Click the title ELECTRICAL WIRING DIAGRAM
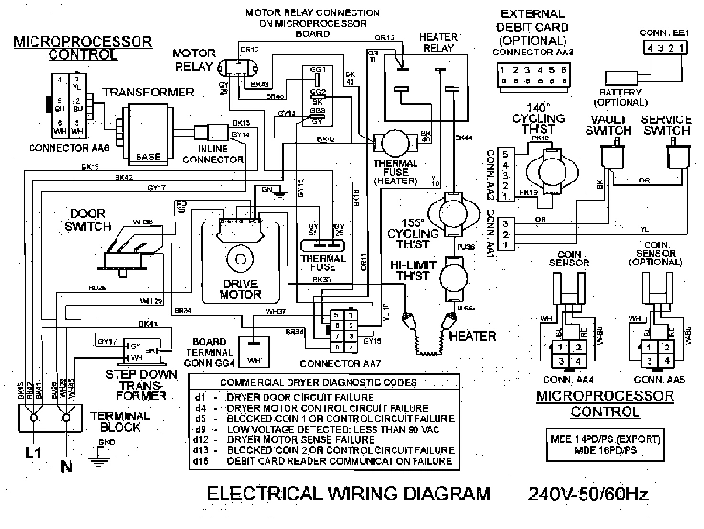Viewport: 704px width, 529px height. pos(350,495)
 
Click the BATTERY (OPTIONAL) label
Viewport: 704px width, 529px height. pos(622,95)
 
